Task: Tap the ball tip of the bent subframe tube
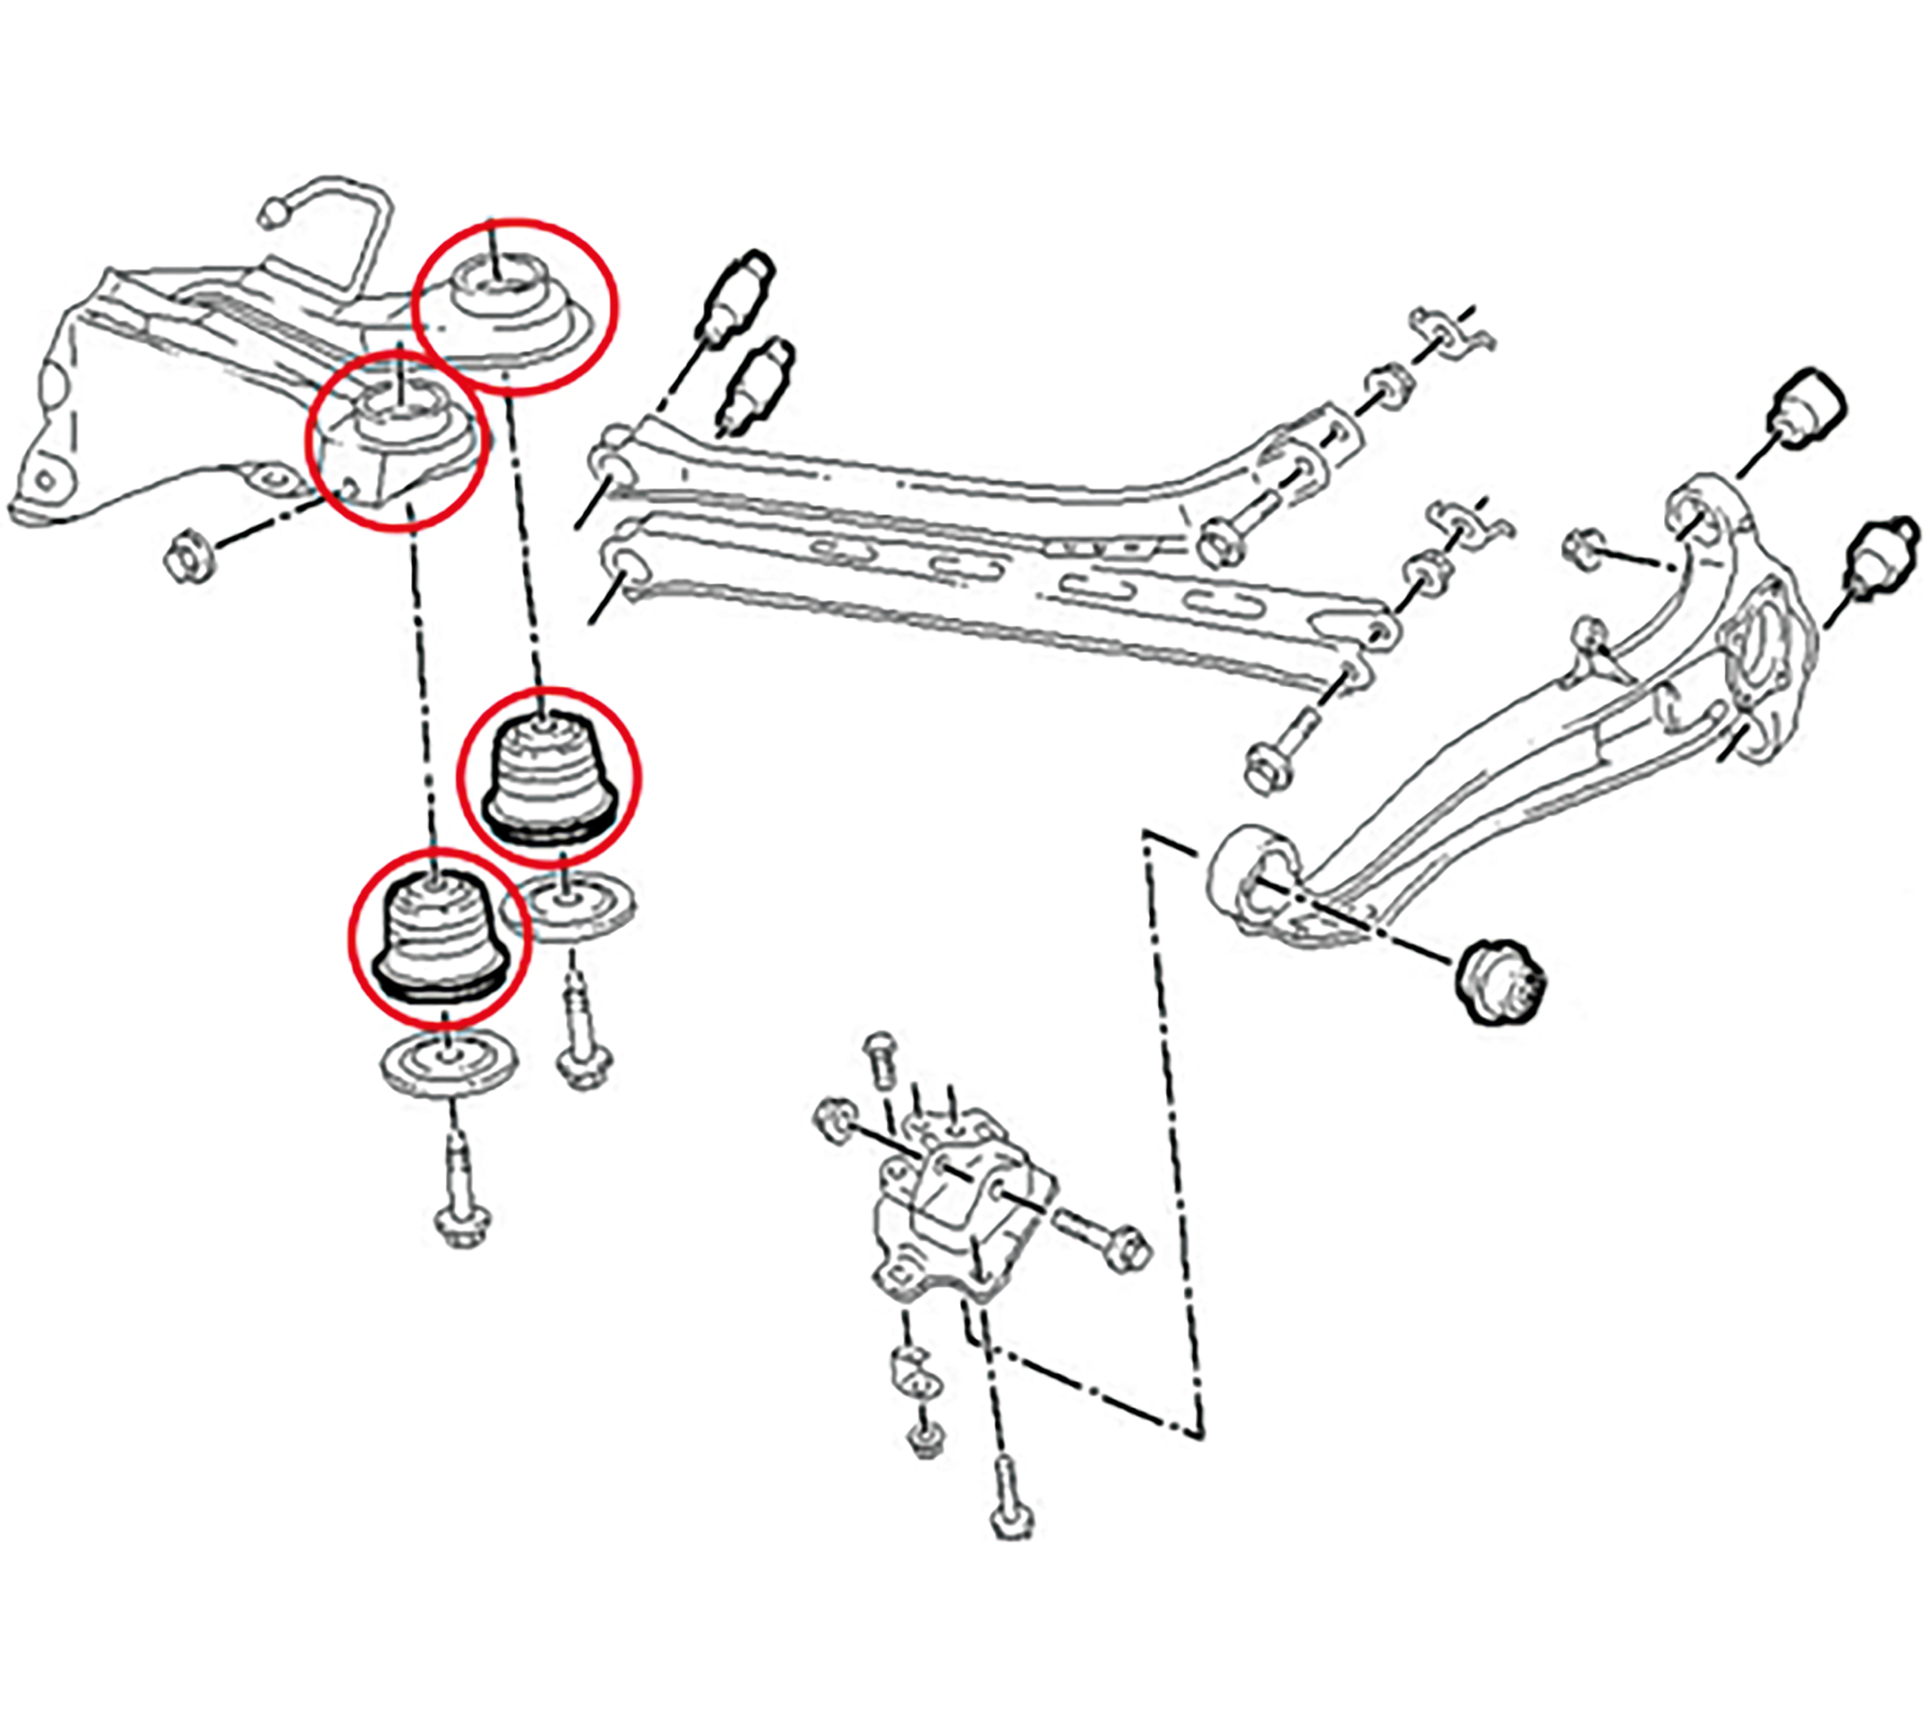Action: point(273,214)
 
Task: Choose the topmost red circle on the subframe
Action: point(516,304)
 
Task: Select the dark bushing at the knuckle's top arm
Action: point(1803,410)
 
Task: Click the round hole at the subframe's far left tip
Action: point(44,480)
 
